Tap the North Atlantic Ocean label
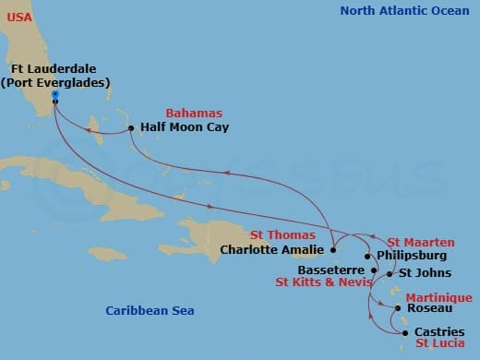pos(404,11)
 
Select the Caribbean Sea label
pos(150,311)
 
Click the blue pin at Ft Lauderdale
pos(55,95)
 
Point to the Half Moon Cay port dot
pos(131,127)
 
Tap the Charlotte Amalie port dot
pos(332,249)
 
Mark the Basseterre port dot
pos(373,270)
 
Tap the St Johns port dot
pos(390,274)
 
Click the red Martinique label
pos(441,297)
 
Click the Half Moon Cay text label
pos(185,127)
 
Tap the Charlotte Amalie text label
pos(272,249)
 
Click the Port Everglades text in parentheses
pos(55,82)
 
